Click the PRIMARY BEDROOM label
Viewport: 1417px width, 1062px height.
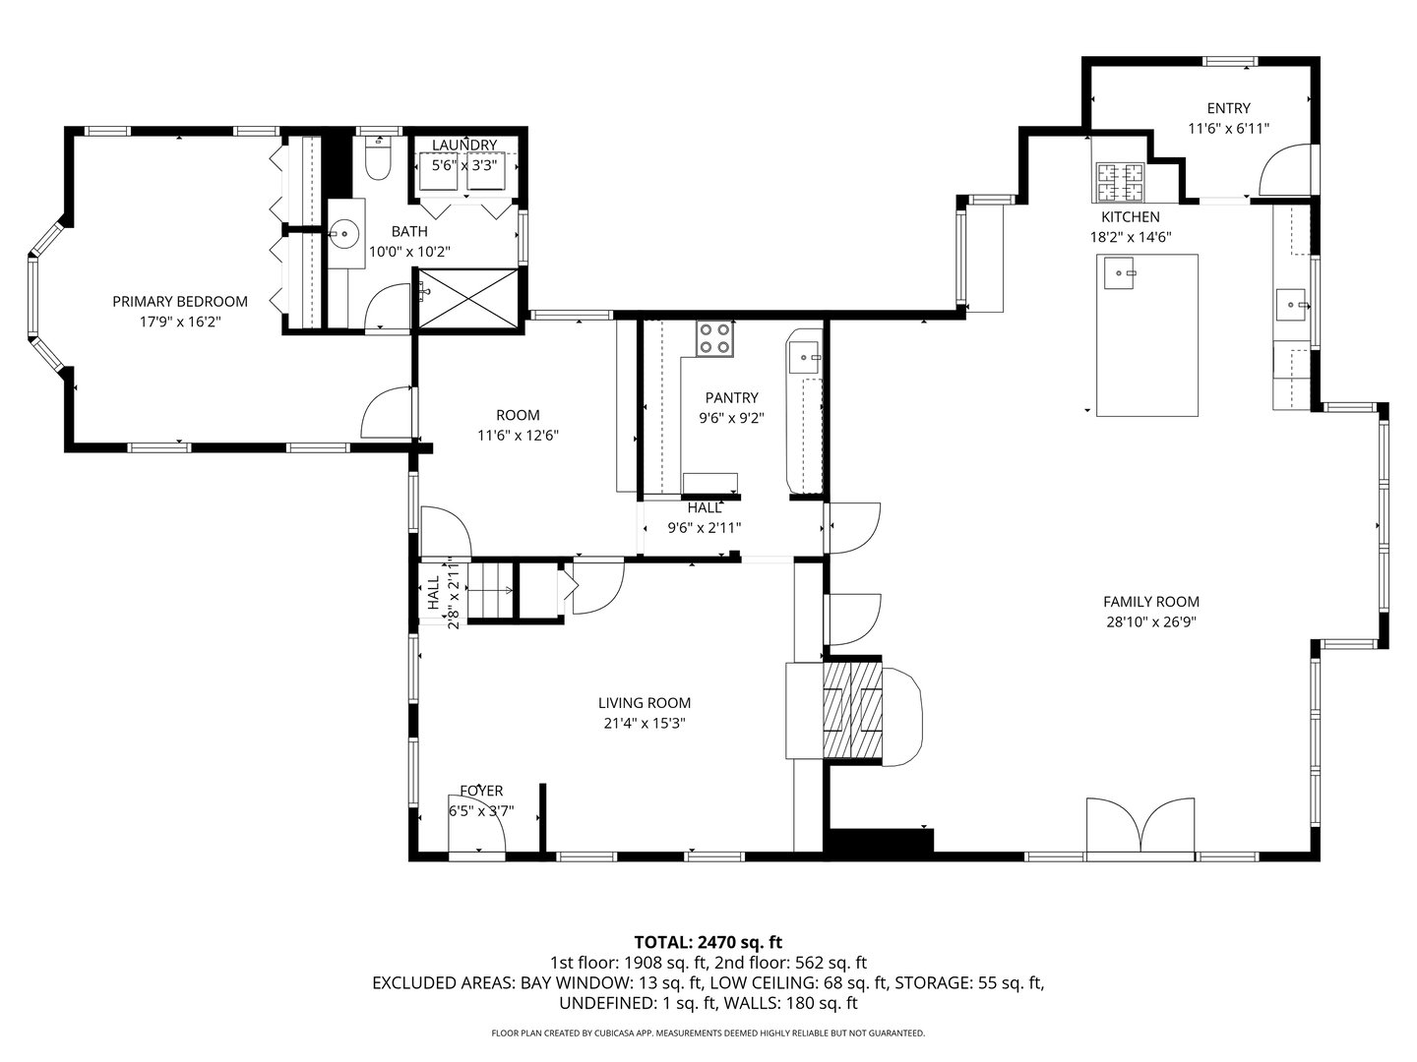point(179,302)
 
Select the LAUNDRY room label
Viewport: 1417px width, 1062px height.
point(464,146)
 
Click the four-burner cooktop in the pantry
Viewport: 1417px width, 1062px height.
point(714,338)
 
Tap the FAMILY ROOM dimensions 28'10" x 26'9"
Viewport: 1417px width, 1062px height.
point(1150,621)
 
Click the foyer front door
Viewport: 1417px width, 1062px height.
point(477,834)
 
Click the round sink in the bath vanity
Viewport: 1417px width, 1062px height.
point(345,234)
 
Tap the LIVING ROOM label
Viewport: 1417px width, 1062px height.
point(645,703)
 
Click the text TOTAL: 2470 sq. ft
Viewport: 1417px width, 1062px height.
point(708,942)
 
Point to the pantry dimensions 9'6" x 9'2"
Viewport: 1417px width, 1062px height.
point(731,417)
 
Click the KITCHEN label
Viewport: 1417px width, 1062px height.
point(1130,217)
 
